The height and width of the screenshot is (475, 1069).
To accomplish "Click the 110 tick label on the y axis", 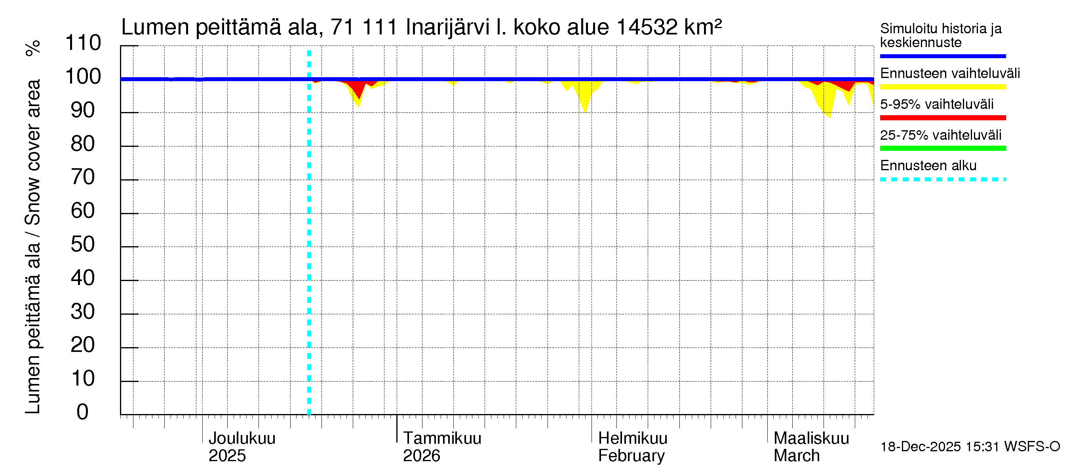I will tap(83, 43).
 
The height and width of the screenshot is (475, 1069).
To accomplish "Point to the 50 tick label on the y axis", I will tap(83, 244).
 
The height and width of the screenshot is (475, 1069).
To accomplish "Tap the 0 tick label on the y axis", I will tap(83, 412).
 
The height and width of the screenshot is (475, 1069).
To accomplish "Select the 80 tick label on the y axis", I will tap(83, 144).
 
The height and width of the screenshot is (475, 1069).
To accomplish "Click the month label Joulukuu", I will tap(242, 439).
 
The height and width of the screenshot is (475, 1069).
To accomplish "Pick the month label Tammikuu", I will tap(442, 439).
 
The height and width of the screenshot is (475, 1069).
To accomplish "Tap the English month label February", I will tap(631, 456).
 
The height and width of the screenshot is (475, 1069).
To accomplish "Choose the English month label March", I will tap(796, 456).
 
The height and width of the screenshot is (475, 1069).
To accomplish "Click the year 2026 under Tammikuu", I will tap(421, 456).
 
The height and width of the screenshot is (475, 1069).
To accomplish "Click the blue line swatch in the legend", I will tap(942, 56).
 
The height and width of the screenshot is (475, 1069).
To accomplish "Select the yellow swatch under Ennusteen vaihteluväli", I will tap(942, 87).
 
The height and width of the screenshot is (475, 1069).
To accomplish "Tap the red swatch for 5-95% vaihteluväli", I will tap(942, 118).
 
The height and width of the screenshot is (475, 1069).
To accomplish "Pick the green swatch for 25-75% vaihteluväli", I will tap(942, 148).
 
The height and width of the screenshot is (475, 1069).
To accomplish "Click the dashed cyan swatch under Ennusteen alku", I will tap(942, 180).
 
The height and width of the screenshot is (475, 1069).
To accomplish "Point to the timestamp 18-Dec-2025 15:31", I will tap(941, 447).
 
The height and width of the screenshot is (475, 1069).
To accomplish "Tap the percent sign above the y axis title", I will tap(33, 48).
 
